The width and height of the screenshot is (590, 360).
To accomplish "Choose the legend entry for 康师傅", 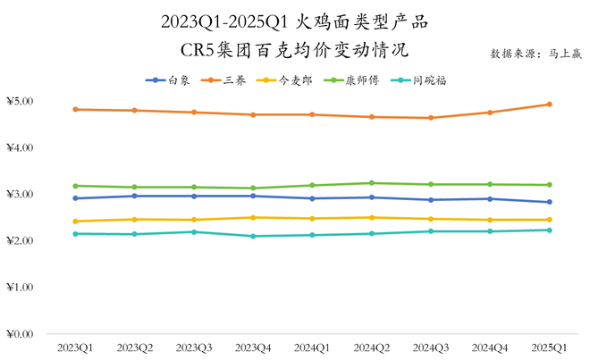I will coord(358,80).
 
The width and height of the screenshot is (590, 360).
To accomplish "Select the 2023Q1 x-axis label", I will coord(76,347).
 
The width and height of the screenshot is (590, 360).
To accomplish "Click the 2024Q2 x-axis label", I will coord(371,347).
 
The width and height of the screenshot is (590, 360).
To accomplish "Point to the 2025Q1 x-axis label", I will coord(549,347).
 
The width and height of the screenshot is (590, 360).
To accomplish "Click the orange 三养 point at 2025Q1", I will coord(549,105).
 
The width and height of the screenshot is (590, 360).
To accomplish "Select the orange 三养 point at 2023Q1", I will coord(76,110).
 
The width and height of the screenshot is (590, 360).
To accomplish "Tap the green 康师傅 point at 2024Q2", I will coord(371,183).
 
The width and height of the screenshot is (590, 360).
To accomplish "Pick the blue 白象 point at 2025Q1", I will coord(549,202).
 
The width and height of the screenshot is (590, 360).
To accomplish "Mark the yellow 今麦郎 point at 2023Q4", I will coord(253,218).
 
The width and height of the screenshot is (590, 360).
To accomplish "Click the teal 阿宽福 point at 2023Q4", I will coord(253,236).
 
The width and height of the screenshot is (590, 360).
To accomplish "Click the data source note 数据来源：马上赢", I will coord(535,54).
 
